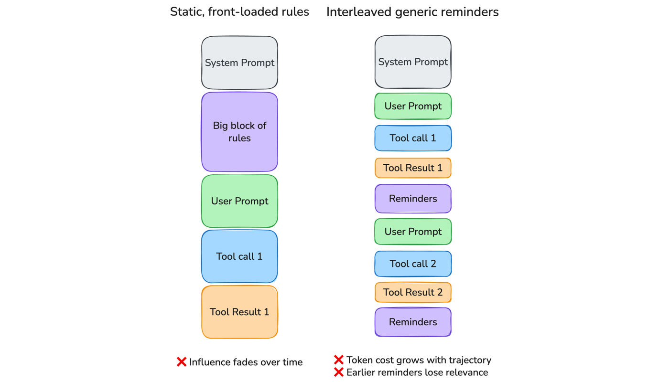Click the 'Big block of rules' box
tap(239, 132)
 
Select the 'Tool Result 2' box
tap(413, 292)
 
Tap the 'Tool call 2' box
tap(413, 264)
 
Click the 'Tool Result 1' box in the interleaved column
tap(413, 168)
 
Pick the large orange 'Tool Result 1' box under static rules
tap(239, 312)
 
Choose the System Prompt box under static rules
tap(239, 63)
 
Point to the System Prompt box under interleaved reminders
tap(413, 62)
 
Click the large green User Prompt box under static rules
tap(239, 201)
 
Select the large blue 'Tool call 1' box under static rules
tap(239, 256)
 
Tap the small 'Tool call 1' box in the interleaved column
tap(413, 138)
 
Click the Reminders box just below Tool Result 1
tap(413, 199)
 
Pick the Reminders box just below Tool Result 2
tap(413, 322)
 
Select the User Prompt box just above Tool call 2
tap(413, 232)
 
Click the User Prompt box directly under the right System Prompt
tap(413, 106)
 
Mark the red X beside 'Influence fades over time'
tap(182, 362)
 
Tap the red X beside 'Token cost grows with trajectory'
tap(339, 360)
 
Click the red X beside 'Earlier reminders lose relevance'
tap(339, 372)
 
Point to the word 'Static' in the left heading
tap(183, 12)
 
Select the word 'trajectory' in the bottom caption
tap(468, 360)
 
